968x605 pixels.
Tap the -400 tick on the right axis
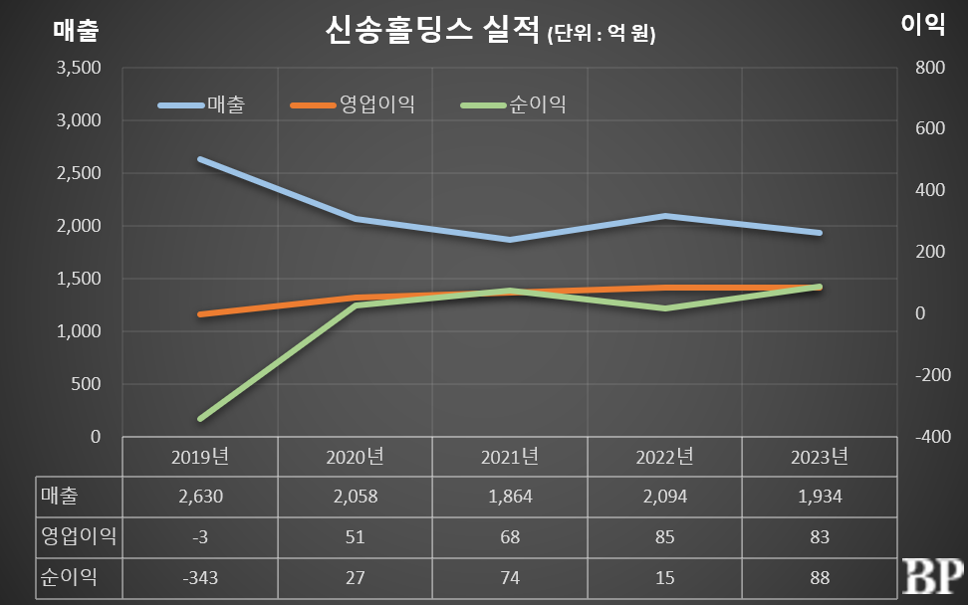925,437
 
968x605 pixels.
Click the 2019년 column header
200,457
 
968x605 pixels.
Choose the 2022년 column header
664,457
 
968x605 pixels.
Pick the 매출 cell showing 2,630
200,496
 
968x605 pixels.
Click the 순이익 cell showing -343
200,575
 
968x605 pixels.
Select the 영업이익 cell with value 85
664,536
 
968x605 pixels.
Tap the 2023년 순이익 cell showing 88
820,575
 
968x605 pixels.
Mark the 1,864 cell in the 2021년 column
510,496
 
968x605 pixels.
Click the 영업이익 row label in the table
78,536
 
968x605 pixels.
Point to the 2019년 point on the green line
200,419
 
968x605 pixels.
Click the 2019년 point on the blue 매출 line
200,159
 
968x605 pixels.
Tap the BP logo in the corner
932,577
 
